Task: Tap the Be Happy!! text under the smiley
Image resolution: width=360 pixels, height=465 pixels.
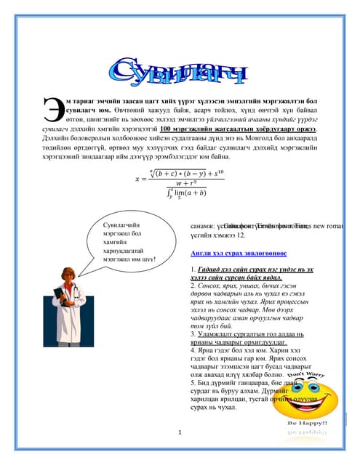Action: click(308, 423)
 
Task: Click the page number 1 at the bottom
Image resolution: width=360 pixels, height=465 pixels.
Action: click(179, 433)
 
